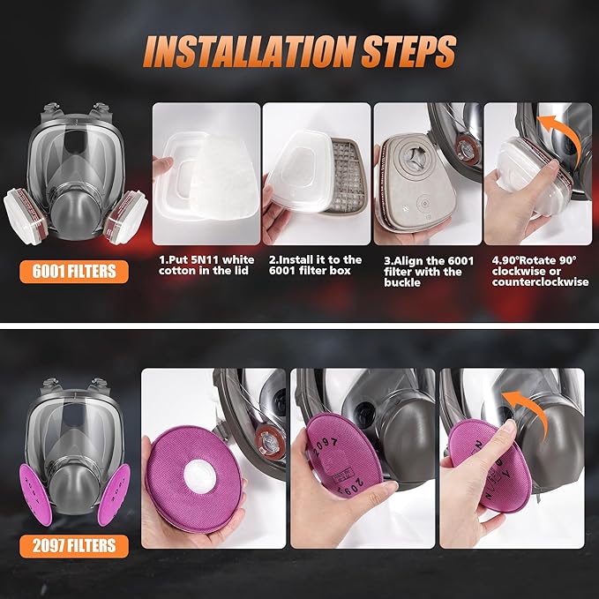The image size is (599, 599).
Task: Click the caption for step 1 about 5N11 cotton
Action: tap(206, 266)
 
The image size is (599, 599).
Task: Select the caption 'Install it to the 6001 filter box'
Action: tap(316, 266)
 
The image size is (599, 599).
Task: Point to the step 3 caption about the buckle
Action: tap(427, 272)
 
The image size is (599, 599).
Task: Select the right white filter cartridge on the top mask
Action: tap(123, 216)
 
